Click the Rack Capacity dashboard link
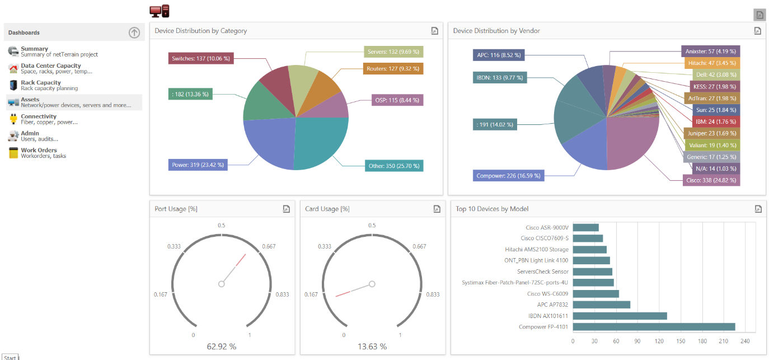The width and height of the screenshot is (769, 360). pos(41,83)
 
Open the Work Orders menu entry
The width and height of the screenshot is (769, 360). pos(39,150)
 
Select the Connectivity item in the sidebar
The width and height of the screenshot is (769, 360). pos(39,116)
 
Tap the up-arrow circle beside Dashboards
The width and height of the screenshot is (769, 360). pos(134,32)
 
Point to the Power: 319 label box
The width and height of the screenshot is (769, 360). pos(198,165)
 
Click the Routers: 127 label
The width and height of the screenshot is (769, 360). pos(393,69)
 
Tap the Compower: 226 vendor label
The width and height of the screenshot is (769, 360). pos(508,176)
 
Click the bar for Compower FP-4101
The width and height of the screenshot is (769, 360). pos(654,327)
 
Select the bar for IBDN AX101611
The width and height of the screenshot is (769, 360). pos(620,316)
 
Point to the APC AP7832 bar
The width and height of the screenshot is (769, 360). pos(602,305)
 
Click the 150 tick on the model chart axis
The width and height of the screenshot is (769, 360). pos(681,340)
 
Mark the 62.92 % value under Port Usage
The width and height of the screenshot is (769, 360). pos(222,347)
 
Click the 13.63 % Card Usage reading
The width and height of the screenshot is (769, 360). pos(372,347)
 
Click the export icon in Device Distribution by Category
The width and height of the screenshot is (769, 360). pos(434,31)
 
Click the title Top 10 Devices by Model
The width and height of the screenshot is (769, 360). pos(492,209)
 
